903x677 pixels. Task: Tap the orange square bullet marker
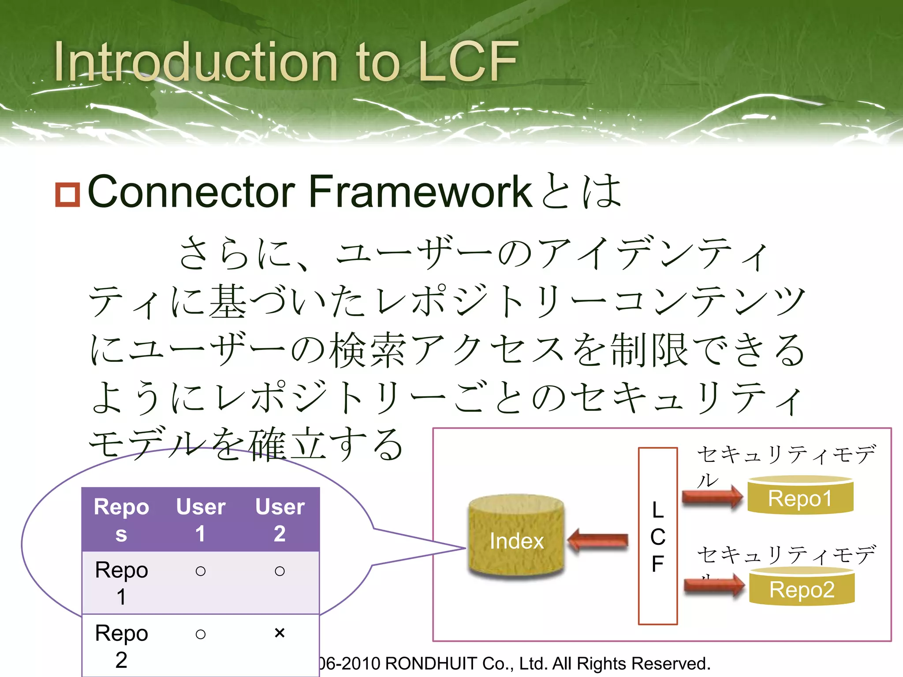67,194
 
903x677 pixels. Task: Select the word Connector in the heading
191,192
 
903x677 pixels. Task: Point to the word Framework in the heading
420,192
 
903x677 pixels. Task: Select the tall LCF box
657,536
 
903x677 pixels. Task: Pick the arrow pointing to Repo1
712,497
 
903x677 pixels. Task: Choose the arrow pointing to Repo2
714,586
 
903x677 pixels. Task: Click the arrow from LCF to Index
598,540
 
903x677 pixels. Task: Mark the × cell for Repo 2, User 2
280,633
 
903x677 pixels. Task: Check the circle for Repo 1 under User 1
201,571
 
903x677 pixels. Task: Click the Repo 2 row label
121,646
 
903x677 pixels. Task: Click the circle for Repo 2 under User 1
201,634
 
